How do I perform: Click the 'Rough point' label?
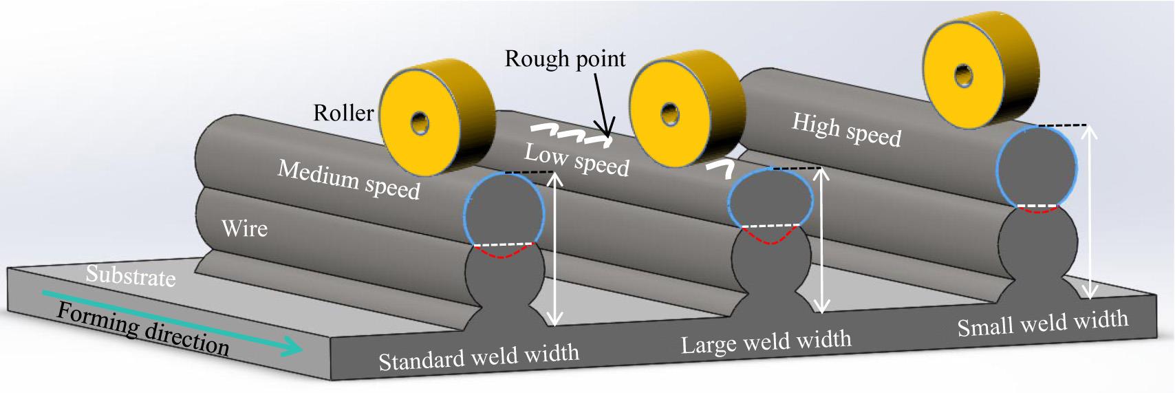pyautogui.click(x=565, y=59)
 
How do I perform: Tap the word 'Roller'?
pyautogui.click(x=343, y=112)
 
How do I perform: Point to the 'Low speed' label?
pyautogui.click(x=576, y=160)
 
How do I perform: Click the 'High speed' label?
pyautogui.click(x=846, y=130)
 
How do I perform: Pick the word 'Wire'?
pyautogui.click(x=244, y=227)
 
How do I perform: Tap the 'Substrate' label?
pyautogui.click(x=131, y=276)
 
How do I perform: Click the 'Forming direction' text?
pyautogui.click(x=143, y=330)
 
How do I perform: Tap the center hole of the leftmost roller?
pyautogui.click(x=420, y=123)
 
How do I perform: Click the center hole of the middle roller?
pyautogui.click(x=669, y=113)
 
